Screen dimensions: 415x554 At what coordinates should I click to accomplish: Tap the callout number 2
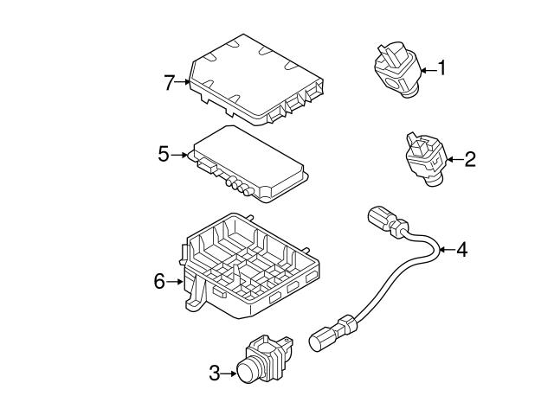469,158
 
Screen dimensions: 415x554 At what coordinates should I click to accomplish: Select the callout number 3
214,373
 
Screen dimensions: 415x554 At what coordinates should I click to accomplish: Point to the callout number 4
461,250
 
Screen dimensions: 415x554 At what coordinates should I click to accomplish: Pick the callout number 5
164,155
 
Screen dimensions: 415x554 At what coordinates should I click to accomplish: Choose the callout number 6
158,281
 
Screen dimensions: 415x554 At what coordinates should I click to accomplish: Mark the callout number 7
169,83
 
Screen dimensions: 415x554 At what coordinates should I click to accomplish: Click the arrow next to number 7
184,83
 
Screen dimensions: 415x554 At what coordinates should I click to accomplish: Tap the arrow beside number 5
179,156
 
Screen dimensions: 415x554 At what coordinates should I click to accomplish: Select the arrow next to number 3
229,373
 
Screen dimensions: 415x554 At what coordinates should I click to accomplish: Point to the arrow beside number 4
446,250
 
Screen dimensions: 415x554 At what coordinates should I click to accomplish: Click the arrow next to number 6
174,281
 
